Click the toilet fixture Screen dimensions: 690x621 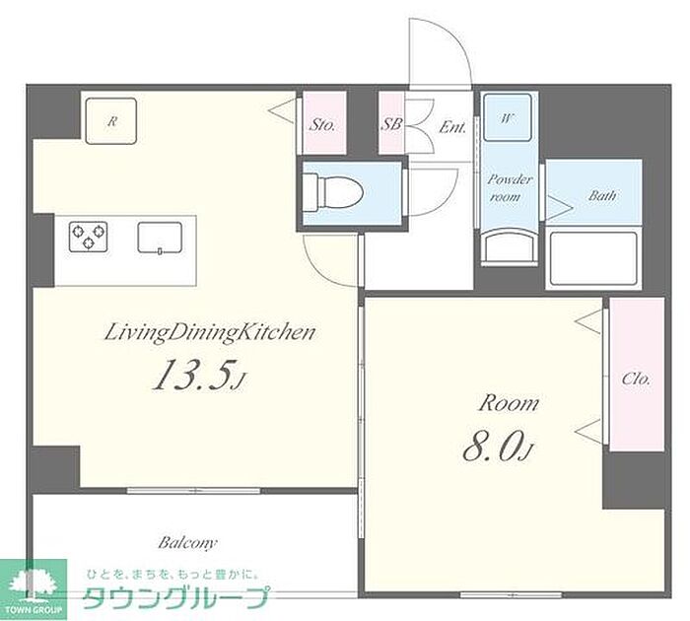click(333, 193)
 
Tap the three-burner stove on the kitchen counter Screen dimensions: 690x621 click(89, 237)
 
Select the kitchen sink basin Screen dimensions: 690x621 click(160, 238)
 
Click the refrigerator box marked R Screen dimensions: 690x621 click(111, 121)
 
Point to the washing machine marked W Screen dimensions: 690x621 click(508, 117)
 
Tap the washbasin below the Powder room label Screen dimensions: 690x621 click(510, 249)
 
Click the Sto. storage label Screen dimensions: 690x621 click(322, 125)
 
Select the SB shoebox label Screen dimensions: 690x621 click(390, 124)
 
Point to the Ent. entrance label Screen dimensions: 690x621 click(451, 127)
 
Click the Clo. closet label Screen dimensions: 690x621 click(637, 379)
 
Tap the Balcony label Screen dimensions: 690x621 click(187, 543)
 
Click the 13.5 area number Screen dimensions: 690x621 click(192, 375)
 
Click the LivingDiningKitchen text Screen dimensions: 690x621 click(209, 333)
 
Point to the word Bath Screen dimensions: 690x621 click(602, 195)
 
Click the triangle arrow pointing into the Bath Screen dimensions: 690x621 click(558, 208)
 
